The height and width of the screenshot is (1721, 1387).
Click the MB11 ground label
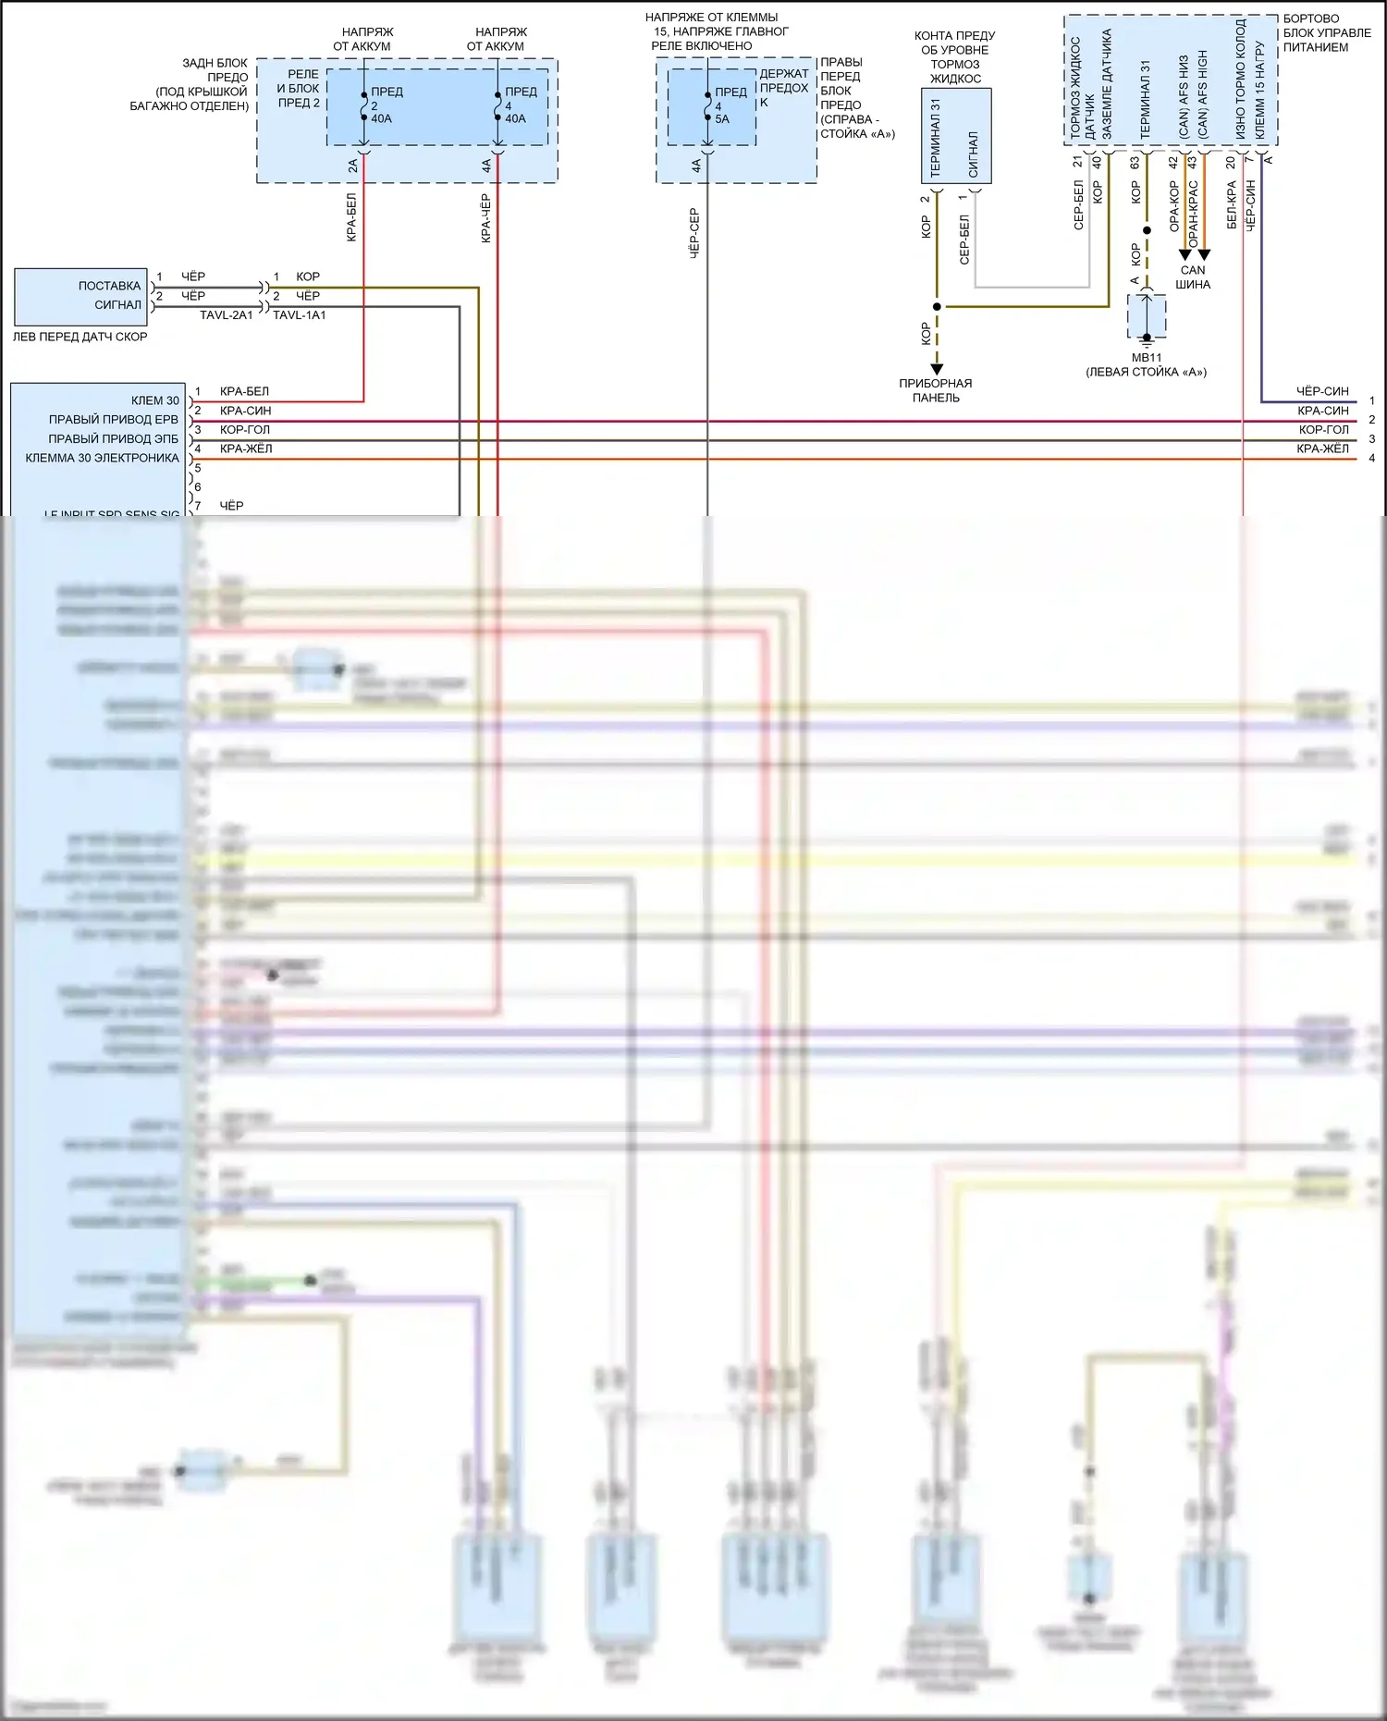pos(1147,358)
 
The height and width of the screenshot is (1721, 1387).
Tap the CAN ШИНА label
pos(1193,277)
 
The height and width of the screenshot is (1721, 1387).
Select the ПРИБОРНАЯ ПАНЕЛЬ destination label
pos(936,390)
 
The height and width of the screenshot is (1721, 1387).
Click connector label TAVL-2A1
pos(226,315)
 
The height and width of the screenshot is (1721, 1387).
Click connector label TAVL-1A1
pos(300,315)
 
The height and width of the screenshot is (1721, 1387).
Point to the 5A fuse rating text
pos(722,119)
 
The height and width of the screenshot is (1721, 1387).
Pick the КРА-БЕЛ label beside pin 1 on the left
pos(244,391)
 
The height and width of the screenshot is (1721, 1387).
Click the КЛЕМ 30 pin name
pos(155,400)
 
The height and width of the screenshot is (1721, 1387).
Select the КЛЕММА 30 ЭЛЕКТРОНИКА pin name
pos(102,458)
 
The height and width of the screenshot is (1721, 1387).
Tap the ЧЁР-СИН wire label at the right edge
pos(1322,391)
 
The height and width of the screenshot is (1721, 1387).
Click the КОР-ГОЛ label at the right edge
pos(1323,429)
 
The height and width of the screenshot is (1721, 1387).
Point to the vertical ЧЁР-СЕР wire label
pos(694,231)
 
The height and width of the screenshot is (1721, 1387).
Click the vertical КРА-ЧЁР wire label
pos(485,218)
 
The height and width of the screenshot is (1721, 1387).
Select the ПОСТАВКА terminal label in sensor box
pos(109,286)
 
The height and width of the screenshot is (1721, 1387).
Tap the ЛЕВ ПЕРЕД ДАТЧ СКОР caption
pos(80,337)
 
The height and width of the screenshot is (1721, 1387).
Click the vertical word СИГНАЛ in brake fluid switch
pos(973,154)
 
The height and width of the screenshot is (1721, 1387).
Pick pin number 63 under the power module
pos(1135,162)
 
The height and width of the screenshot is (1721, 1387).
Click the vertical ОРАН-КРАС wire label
pos(1194,214)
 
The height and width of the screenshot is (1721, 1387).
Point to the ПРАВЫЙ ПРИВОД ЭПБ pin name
pos(113,438)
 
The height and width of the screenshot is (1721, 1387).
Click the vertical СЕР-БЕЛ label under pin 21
pos(1078,204)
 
